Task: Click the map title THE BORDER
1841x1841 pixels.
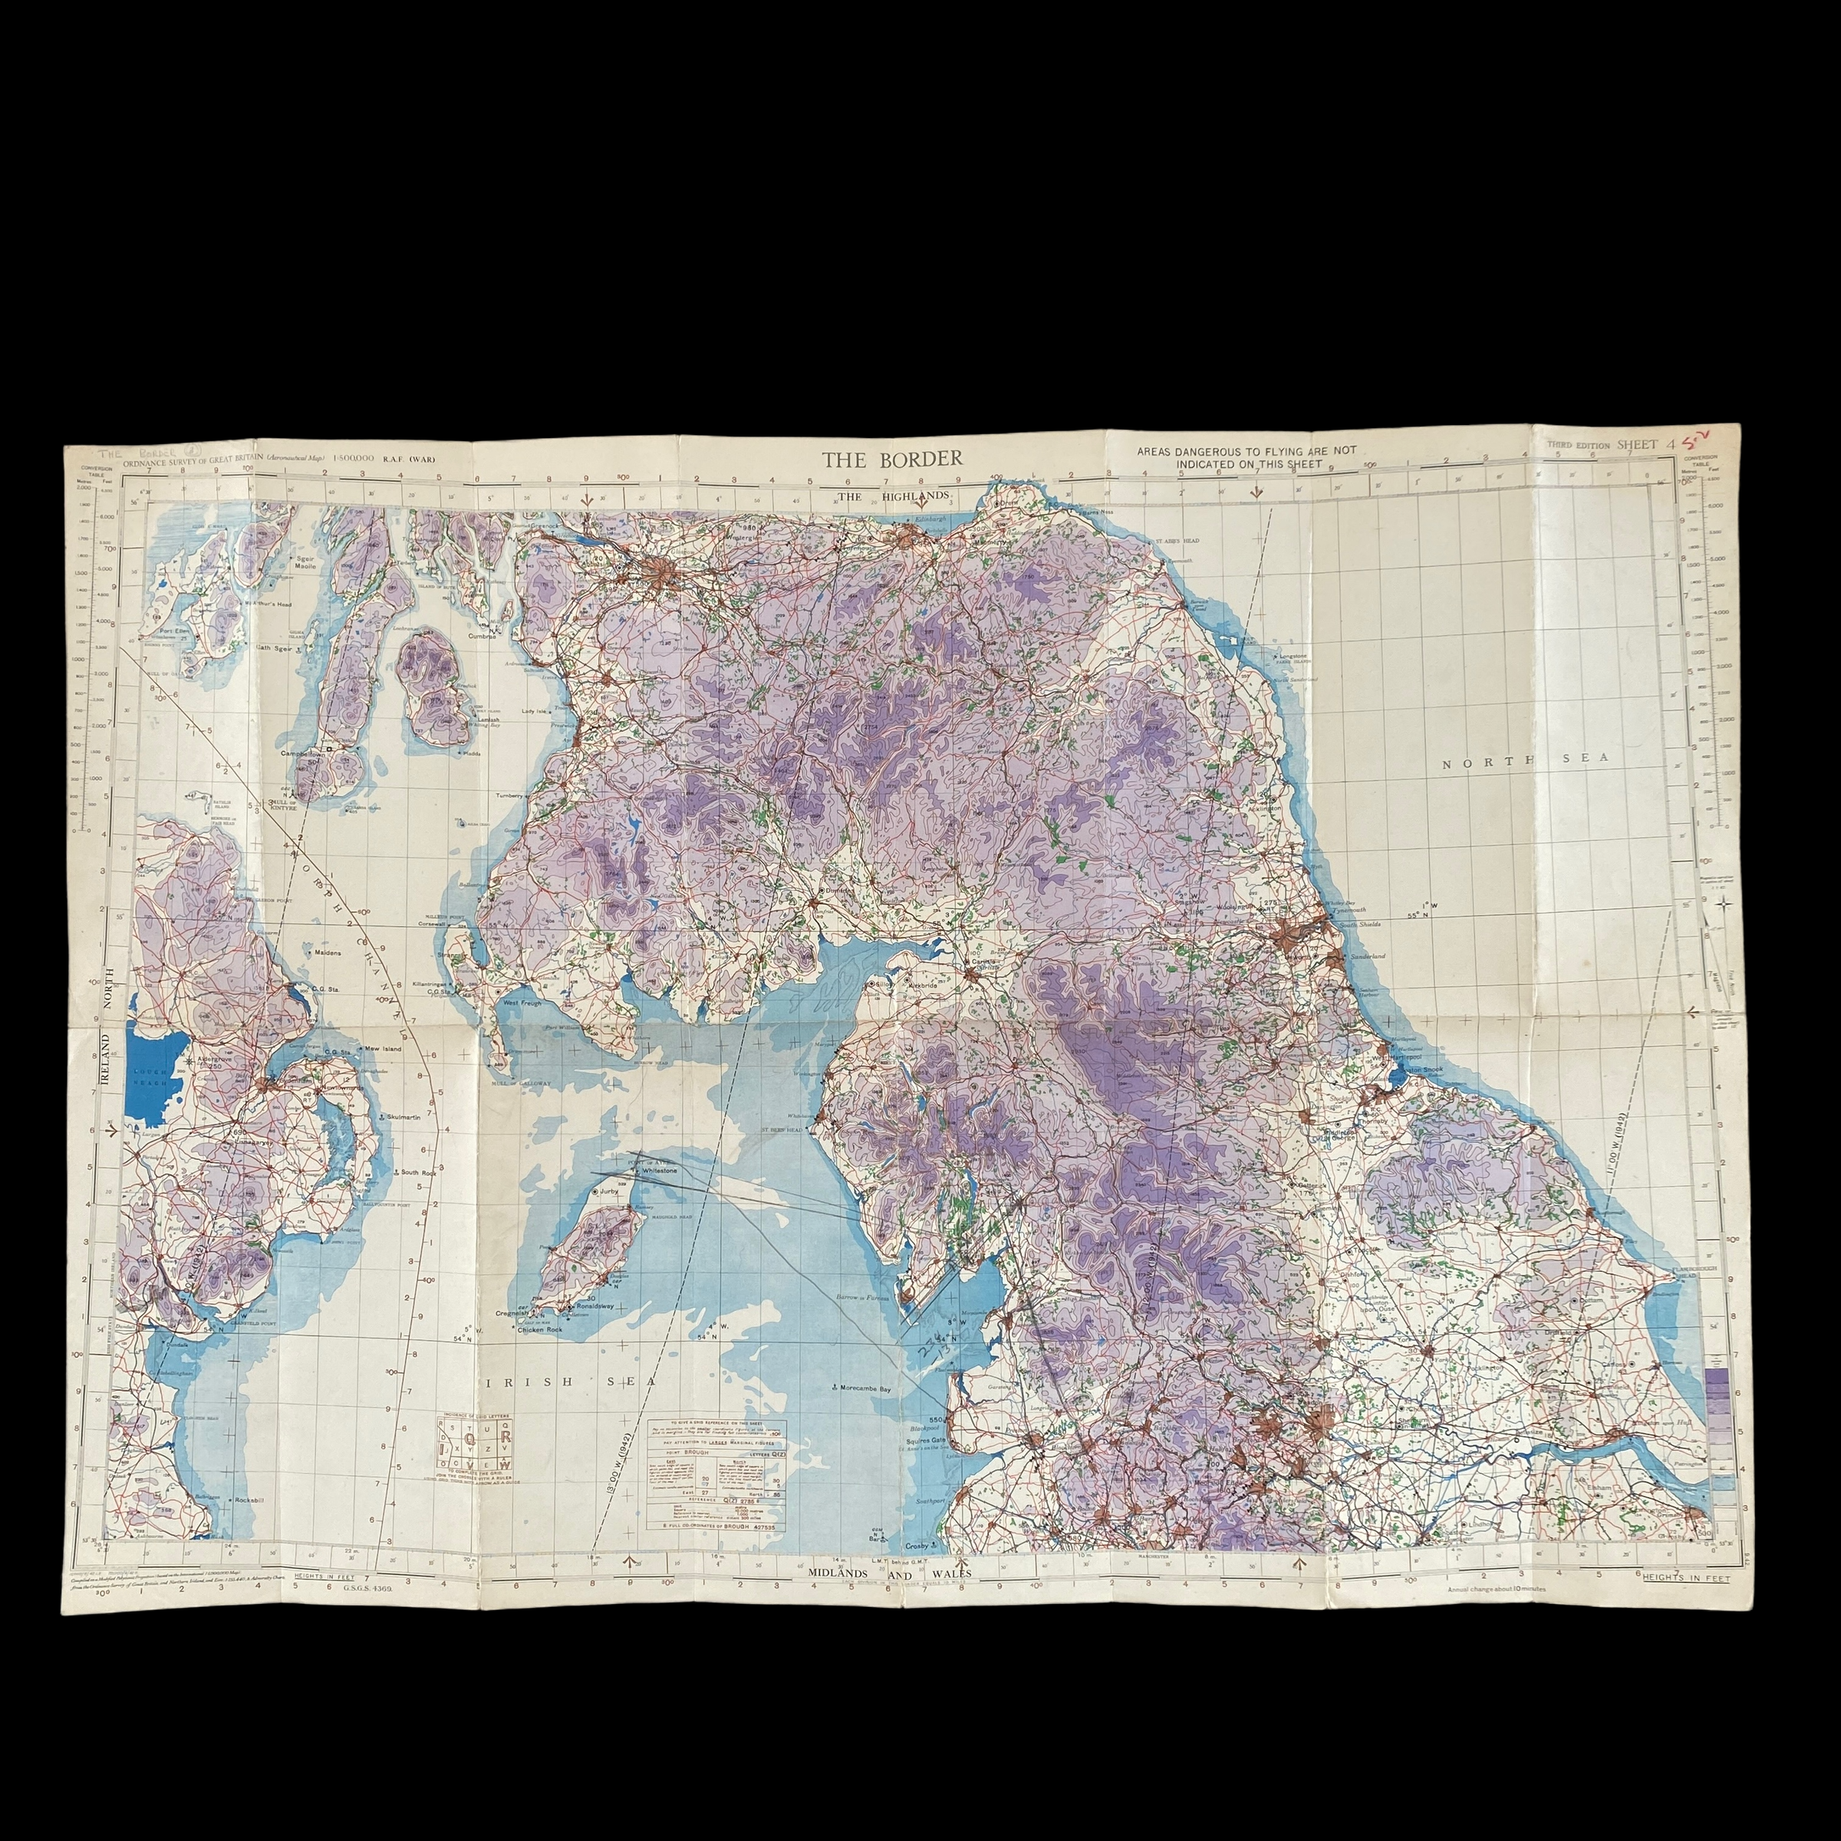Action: (893, 459)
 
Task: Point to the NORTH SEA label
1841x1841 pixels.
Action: (1525, 759)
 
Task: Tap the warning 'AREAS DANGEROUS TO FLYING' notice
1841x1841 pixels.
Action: (1246, 457)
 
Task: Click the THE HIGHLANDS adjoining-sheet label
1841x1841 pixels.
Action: (893, 496)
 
